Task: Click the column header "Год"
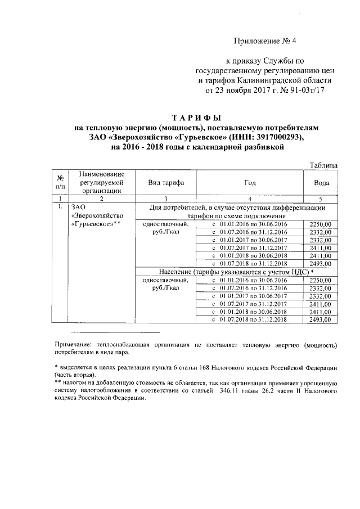(x=250, y=183)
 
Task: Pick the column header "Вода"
(x=321, y=183)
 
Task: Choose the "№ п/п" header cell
(x=58, y=182)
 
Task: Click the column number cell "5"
(x=321, y=198)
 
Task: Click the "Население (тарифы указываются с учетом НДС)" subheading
(x=236, y=271)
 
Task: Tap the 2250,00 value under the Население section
(x=321, y=280)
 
